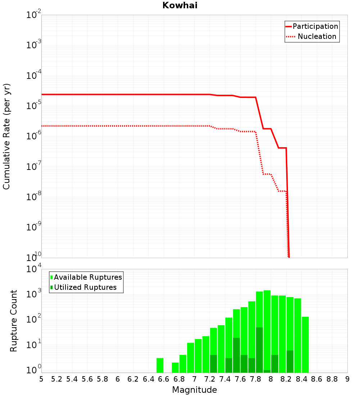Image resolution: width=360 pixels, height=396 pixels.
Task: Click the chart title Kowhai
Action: click(180, 5)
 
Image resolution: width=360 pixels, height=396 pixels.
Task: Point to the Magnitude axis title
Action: click(194, 390)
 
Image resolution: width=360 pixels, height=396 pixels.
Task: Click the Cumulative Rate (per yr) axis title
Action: click(6, 136)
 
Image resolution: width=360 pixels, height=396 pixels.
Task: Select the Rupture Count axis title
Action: click(14, 321)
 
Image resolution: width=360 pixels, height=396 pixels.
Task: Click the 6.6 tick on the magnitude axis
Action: click(164, 379)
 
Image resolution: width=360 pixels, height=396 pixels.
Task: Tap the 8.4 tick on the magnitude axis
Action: click(301, 379)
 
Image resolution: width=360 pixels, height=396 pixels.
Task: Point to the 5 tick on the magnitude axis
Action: click(41, 379)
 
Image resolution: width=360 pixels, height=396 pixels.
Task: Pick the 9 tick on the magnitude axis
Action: click(347, 379)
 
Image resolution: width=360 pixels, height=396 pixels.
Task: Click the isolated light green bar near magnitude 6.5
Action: click(160, 365)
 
